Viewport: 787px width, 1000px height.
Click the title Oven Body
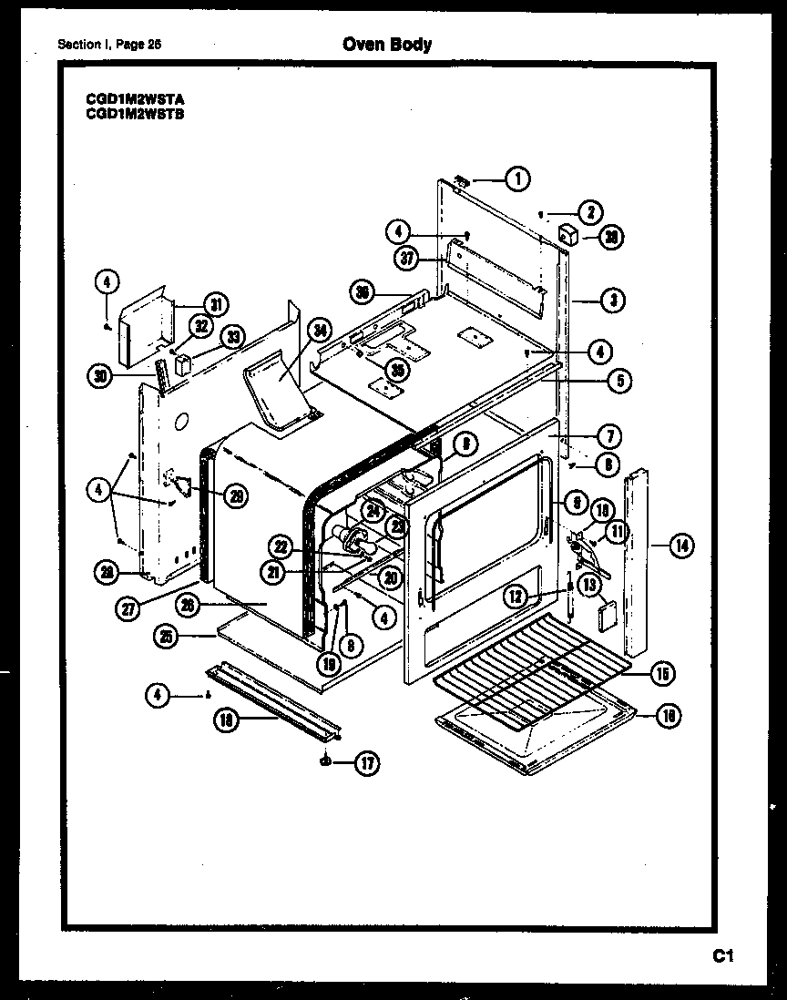click(x=387, y=44)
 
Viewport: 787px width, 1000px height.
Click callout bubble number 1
click(x=517, y=179)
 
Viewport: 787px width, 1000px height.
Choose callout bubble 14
click(x=680, y=546)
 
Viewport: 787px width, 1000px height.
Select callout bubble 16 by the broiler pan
click(x=669, y=717)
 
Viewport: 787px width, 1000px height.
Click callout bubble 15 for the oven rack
click(x=662, y=674)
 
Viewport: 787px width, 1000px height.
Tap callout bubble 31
click(x=215, y=304)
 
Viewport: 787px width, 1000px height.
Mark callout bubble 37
click(x=407, y=258)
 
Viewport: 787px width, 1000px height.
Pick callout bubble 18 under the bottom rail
click(x=226, y=719)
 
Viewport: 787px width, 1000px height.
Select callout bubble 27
click(x=128, y=609)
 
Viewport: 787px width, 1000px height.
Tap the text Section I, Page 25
click(x=108, y=44)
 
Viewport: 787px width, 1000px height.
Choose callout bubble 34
click(x=319, y=331)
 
